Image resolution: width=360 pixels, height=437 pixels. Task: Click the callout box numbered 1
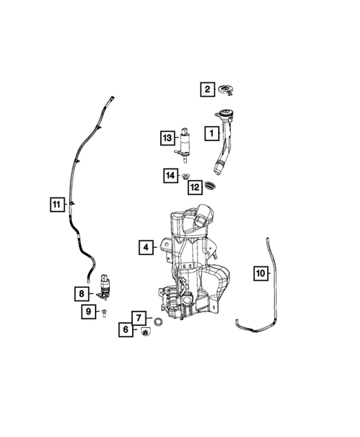click(x=211, y=134)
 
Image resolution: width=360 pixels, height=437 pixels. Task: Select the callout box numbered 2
click(x=206, y=90)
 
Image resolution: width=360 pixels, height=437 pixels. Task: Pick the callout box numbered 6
click(x=125, y=329)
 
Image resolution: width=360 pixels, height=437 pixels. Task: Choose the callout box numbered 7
click(x=139, y=318)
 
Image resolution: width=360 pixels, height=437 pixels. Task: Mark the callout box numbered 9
click(x=88, y=312)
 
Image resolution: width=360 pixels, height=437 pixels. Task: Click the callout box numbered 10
click(x=260, y=273)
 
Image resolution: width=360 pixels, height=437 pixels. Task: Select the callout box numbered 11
click(x=56, y=203)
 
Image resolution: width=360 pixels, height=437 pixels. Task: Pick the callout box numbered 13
click(x=168, y=137)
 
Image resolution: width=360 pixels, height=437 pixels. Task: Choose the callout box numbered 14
click(x=171, y=175)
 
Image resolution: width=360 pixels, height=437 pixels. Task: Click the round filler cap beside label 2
click(x=227, y=91)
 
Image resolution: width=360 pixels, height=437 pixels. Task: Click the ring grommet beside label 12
click(x=214, y=186)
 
